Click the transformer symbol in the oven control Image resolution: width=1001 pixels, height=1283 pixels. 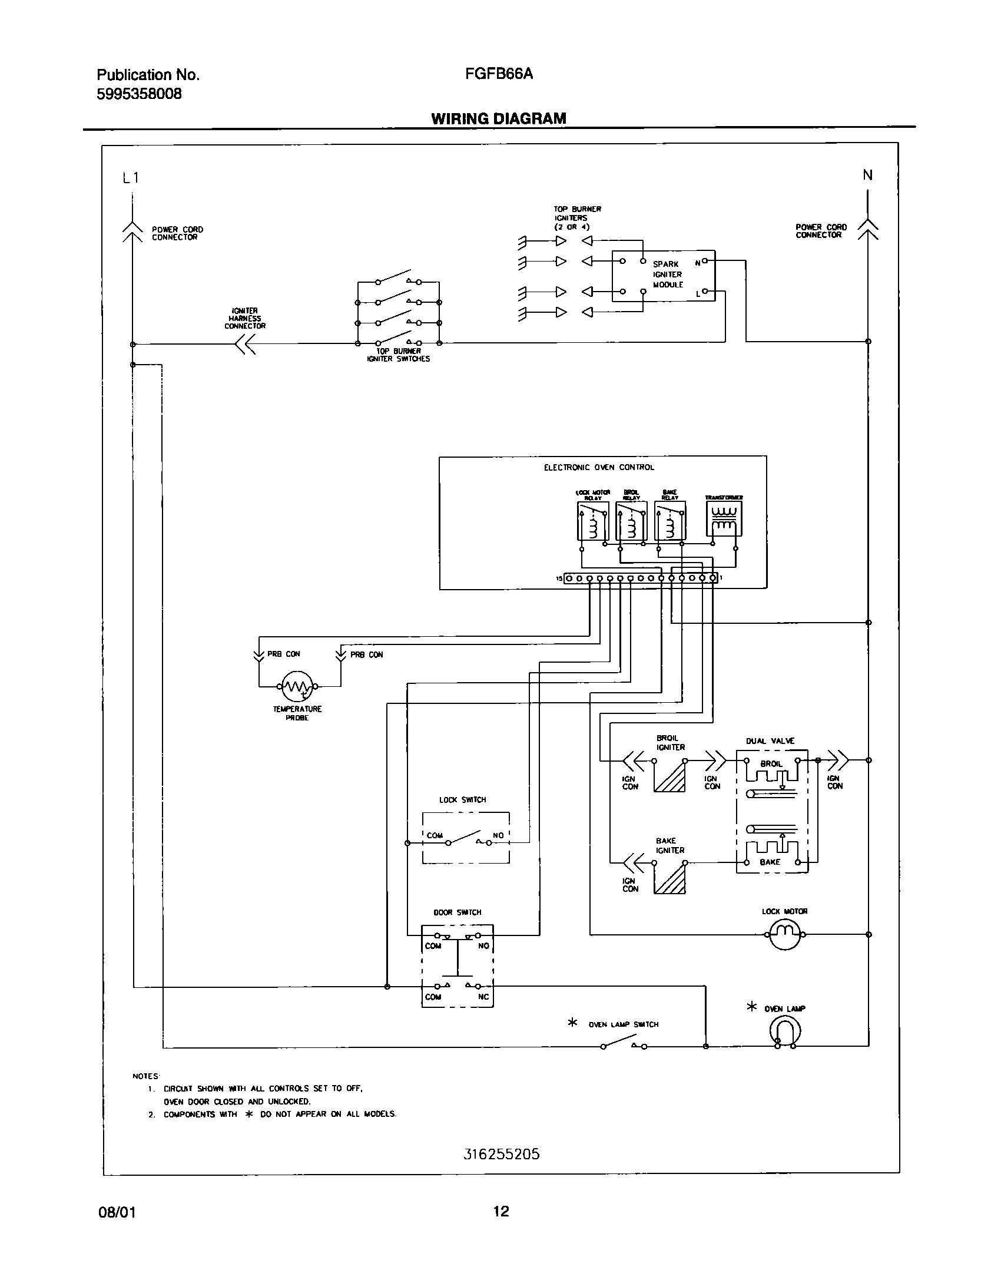pyautogui.click(x=724, y=519)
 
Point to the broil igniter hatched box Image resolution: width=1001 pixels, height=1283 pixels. pyautogui.click(x=669, y=776)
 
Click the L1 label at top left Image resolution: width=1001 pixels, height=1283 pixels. pyautogui.click(x=131, y=177)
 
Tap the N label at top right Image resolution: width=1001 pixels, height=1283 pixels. pyautogui.click(x=867, y=175)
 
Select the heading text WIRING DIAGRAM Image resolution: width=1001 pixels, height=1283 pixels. pyautogui.click(x=498, y=118)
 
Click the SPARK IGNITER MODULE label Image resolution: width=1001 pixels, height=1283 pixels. pyautogui.click(x=668, y=275)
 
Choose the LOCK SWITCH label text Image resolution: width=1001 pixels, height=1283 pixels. pyautogui.click(x=462, y=800)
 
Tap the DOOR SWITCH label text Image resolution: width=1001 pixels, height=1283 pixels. pyautogui.click(x=458, y=912)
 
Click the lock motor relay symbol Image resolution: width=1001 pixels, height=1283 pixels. pyautogui.click(x=592, y=521)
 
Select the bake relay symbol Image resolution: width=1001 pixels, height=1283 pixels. pyautogui.click(x=669, y=521)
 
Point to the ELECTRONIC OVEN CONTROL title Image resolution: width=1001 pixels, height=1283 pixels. pyautogui.click(x=598, y=467)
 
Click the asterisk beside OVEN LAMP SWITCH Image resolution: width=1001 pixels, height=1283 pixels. pyautogui.click(x=572, y=1023)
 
